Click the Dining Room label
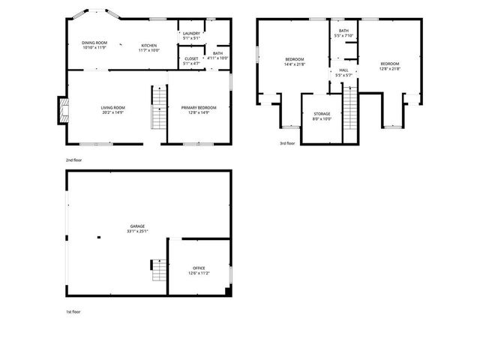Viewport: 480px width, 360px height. (x=94, y=45)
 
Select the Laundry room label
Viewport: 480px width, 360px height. (x=191, y=35)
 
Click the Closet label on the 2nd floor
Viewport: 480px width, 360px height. (x=191, y=61)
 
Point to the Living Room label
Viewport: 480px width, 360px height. (x=112, y=110)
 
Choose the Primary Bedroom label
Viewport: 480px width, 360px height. (x=199, y=110)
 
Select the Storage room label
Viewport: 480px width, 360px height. (x=322, y=116)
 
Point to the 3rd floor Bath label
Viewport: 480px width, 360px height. (x=343, y=33)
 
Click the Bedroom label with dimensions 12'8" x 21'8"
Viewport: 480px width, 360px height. (x=389, y=65)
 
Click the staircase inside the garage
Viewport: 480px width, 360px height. (x=157, y=270)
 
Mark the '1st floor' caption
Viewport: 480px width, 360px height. (x=73, y=311)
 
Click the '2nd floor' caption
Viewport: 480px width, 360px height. (x=73, y=160)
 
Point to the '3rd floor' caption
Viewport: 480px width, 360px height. (x=288, y=142)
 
